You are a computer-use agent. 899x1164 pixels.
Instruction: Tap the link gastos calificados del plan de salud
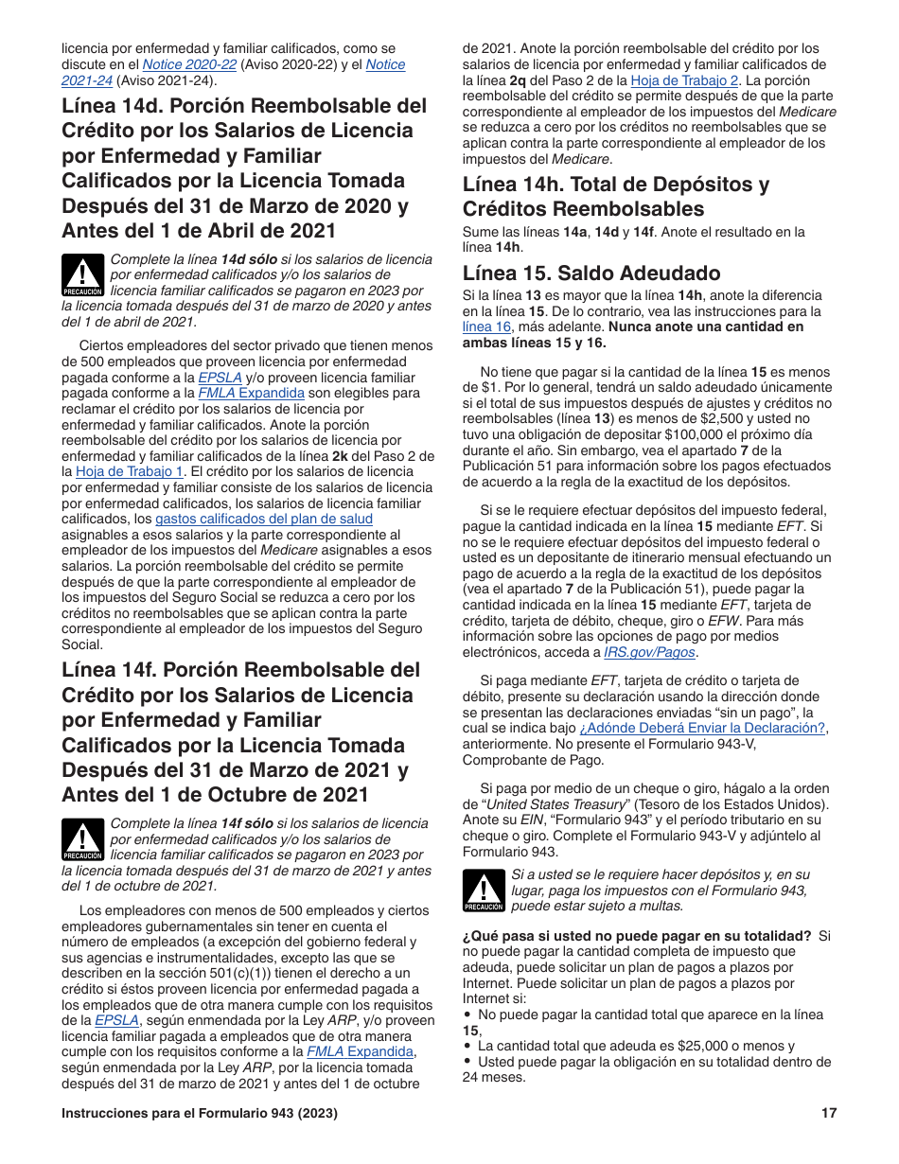[x=264, y=519]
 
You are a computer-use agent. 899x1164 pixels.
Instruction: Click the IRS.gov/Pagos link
[x=649, y=652]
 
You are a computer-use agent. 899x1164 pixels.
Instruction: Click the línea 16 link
[x=486, y=326]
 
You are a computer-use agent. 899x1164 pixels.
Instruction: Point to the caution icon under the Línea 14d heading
[x=83, y=274]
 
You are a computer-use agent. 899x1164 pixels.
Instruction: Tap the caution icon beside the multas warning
[x=484, y=891]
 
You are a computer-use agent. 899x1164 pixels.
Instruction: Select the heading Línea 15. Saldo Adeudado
[x=591, y=273]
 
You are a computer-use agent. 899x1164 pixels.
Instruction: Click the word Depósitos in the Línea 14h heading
[x=702, y=185]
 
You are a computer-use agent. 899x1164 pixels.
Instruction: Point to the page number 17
[x=829, y=1113]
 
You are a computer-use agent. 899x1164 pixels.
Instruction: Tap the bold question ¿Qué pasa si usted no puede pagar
[x=636, y=936]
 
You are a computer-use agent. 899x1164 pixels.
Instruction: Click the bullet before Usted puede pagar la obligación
[x=467, y=1062]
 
